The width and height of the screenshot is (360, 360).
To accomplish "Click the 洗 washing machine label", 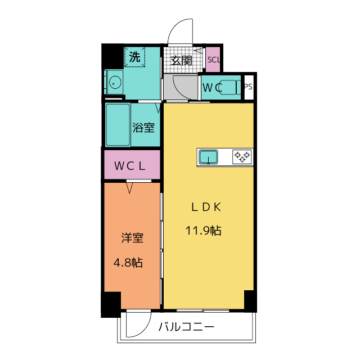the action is click(134, 57).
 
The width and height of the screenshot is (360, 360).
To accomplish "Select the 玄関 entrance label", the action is click(181, 61).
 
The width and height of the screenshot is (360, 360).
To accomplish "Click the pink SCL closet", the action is click(213, 60).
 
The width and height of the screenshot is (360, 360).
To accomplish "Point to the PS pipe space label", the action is click(249, 87).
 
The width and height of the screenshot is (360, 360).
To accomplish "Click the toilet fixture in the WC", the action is click(230, 87).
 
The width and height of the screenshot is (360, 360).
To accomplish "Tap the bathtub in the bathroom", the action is click(118, 125).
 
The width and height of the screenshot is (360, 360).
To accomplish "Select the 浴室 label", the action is click(143, 128).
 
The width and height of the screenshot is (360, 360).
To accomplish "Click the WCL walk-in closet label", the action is click(130, 166).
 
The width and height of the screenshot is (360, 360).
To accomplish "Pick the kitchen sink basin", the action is click(208, 157).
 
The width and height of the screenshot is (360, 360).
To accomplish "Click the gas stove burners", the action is click(242, 157).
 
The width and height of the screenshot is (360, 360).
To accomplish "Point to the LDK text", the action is click(206, 207).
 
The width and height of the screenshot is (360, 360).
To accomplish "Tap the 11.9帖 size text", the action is click(204, 231).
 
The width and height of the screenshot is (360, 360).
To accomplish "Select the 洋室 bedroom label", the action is click(133, 238).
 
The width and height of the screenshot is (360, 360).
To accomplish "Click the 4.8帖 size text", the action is click(128, 263).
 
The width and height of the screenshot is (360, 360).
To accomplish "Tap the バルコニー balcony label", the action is click(186, 326).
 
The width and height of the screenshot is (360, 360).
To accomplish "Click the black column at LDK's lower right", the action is click(250, 301).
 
